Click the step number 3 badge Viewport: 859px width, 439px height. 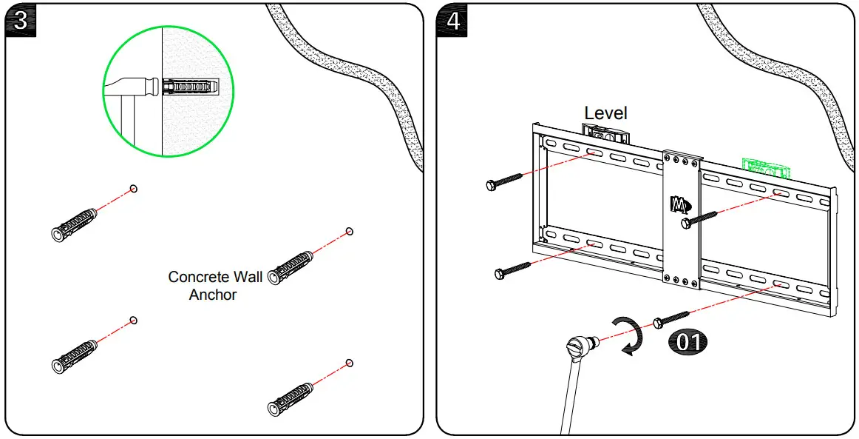click(21, 20)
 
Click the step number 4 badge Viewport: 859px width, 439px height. click(453, 20)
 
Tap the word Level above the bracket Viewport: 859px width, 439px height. click(605, 113)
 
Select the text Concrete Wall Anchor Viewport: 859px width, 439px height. click(214, 286)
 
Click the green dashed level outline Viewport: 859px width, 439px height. click(766, 170)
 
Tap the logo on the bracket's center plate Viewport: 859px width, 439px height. click(679, 203)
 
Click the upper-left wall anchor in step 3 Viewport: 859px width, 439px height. click(74, 224)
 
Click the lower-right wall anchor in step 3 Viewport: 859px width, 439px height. click(290, 398)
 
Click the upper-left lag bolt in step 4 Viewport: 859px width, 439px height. click(505, 181)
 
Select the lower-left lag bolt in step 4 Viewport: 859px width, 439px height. click(512, 269)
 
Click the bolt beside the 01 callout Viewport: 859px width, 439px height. click(671, 319)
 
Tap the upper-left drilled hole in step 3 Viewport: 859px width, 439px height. click(134, 189)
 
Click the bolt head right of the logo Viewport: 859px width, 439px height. click(687, 221)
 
